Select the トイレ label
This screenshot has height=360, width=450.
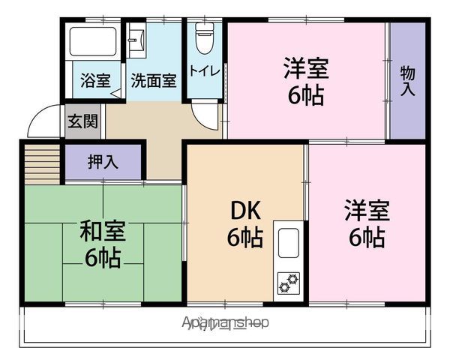203,72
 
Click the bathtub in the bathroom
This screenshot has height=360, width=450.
92,43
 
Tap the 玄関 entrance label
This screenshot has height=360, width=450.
82,121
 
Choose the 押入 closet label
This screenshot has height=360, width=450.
103,161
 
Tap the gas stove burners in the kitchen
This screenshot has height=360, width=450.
289,283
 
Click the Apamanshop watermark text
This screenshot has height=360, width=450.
225,322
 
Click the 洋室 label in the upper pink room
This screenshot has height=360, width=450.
305,68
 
